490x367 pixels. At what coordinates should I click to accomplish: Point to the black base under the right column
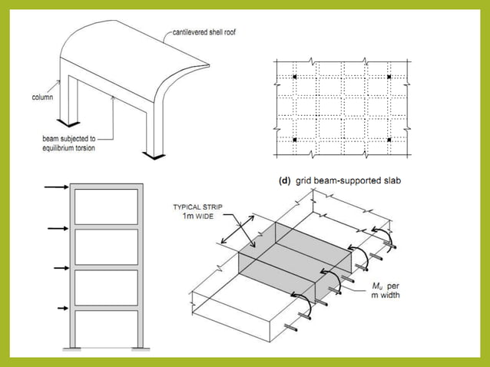(x=158, y=157)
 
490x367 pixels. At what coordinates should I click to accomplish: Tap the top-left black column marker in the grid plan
(x=294, y=78)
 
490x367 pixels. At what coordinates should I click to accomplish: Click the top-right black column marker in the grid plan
(x=389, y=78)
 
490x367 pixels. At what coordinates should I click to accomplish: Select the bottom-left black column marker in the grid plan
(x=294, y=140)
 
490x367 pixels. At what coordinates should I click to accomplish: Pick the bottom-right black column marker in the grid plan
(x=389, y=140)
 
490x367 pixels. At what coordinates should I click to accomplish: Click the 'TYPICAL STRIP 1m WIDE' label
(x=197, y=212)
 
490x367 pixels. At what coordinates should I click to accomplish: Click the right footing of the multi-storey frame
(x=141, y=350)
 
